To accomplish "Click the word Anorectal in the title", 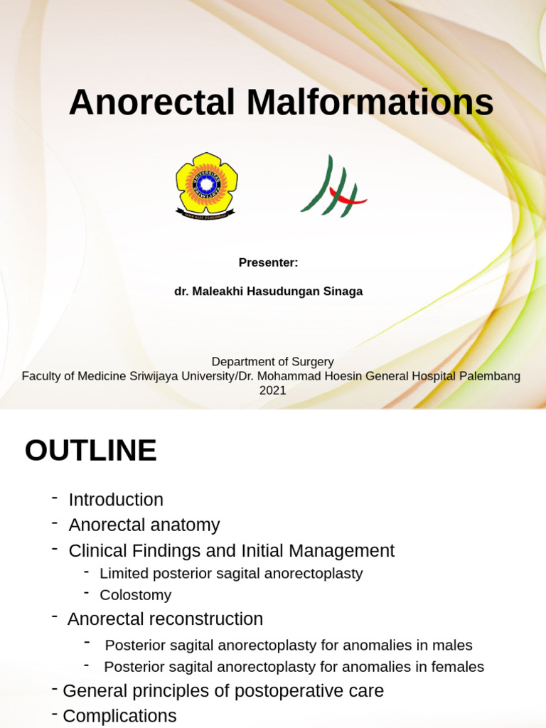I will click(151, 103).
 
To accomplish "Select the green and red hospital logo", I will click(333, 186).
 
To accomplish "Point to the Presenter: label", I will click(268, 263).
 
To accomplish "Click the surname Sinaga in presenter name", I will click(344, 291).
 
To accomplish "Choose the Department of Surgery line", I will click(272, 362).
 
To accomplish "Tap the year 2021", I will click(272, 390).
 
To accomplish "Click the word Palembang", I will click(491, 376).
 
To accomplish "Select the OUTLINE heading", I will click(90, 451).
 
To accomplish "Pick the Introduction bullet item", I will click(116, 500).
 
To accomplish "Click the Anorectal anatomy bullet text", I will click(144, 525).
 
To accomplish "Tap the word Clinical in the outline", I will click(97, 551).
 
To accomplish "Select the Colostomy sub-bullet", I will click(135, 595).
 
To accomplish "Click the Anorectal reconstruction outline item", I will click(165, 619).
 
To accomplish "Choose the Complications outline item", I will click(119, 716).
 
